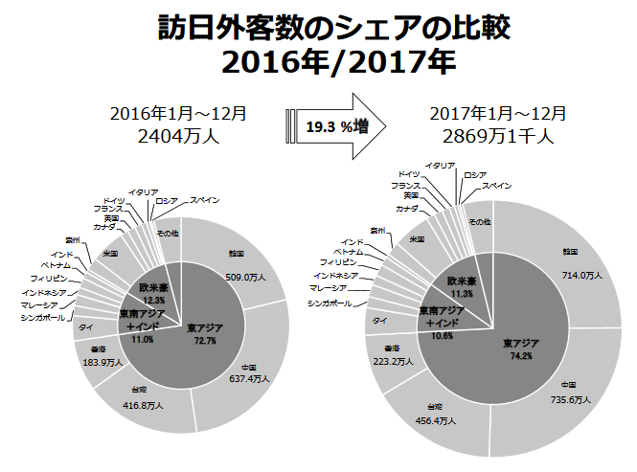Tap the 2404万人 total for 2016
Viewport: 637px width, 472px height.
pyautogui.click(x=179, y=136)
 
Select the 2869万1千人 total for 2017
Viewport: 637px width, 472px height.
pyautogui.click(x=491, y=136)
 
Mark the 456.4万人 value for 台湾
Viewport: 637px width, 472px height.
pyautogui.click(x=428, y=420)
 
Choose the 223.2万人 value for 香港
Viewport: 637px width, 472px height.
pyautogui.click(x=390, y=362)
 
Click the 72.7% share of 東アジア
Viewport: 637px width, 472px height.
pyautogui.click(x=204, y=340)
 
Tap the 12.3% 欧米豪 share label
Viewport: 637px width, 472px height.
pyautogui.click(x=154, y=300)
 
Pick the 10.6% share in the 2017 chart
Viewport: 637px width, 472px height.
pyautogui.click(x=443, y=336)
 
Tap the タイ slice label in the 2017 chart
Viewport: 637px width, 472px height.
pyautogui.click(x=380, y=320)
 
